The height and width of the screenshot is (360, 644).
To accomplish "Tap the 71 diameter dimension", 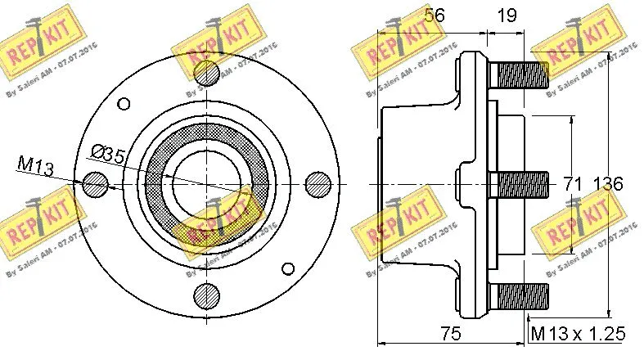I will [x=571, y=184].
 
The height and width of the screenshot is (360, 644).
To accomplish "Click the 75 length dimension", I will [x=448, y=333].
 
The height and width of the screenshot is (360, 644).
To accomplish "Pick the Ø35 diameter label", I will [x=108, y=153].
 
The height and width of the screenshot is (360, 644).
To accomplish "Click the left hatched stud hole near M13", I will [x=96, y=184].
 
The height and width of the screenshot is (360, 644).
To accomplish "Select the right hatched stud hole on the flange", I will [x=316, y=184].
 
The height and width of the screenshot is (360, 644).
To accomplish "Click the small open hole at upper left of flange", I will [x=124, y=103].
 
